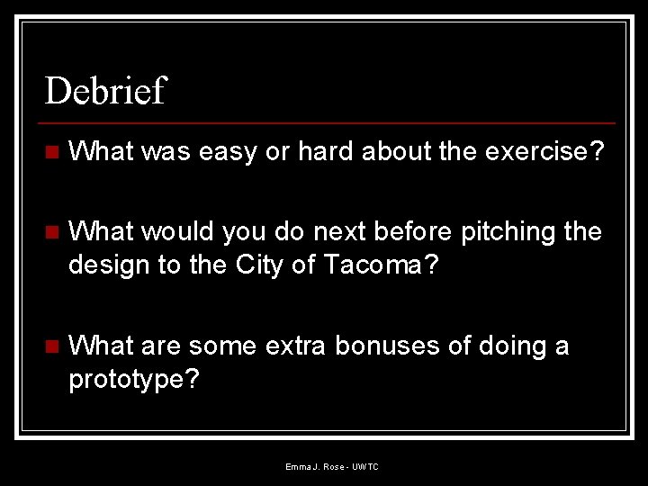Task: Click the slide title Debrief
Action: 106,91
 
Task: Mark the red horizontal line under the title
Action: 328,122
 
